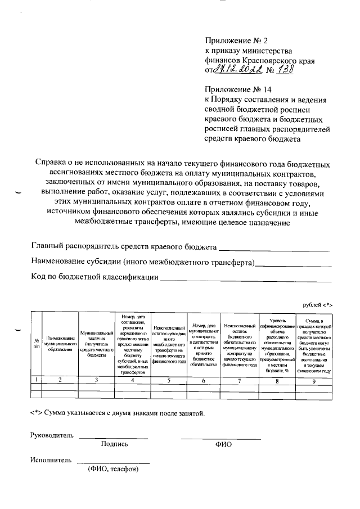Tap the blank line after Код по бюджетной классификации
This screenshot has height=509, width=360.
click(246, 277)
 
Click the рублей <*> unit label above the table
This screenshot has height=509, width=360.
click(318, 304)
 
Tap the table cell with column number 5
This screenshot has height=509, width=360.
click(169, 380)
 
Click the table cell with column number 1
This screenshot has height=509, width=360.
click(36, 380)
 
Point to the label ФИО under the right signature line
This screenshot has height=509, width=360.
click(223, 444)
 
